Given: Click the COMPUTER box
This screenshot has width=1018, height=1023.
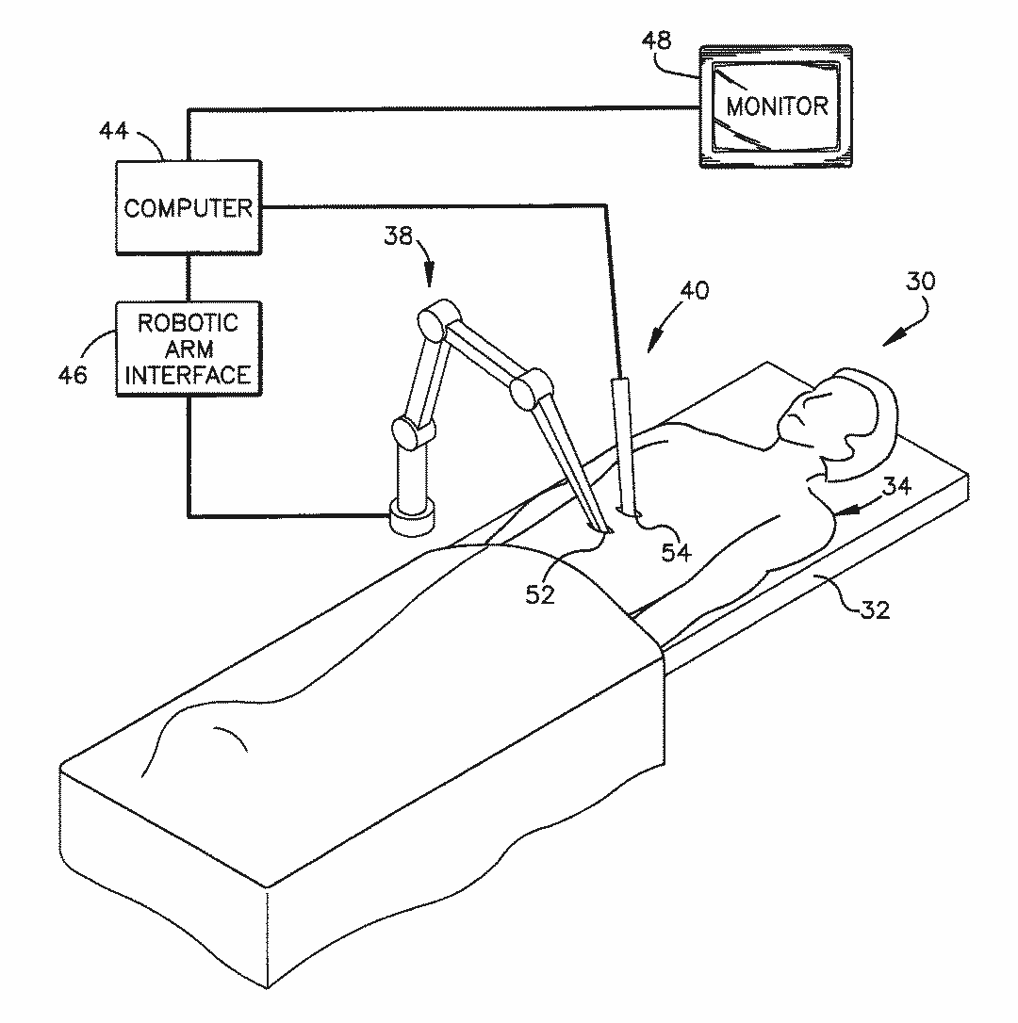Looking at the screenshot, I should pos(189,207).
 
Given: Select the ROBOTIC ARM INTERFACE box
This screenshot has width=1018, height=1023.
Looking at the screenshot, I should pos(189,349).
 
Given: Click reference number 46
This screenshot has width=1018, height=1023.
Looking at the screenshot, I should pos(73,375).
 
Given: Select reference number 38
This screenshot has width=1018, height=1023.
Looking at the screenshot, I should pos(398,235).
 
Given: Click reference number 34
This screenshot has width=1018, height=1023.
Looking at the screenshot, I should pos(896,486).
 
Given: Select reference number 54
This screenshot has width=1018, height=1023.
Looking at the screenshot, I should pos(676,553).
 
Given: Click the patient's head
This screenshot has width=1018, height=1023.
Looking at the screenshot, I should pos(839,414).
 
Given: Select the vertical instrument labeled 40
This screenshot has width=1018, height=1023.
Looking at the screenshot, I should pos(624,443).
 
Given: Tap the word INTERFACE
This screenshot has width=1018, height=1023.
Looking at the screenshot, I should pos(189,375).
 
